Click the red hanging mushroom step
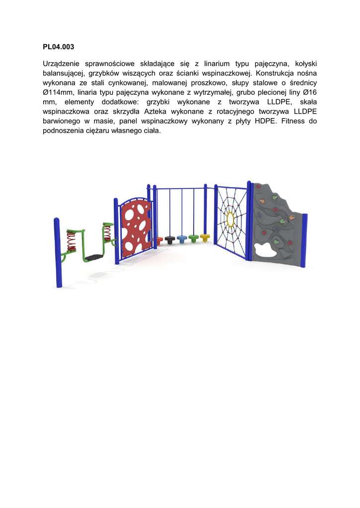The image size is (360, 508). (x=159, y=241)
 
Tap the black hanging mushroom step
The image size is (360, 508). (x=170, y=240)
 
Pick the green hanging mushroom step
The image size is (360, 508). (x=194, y=238)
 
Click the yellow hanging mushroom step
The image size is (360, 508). (x=205, y=237)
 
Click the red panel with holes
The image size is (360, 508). (x=136, y=226)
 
